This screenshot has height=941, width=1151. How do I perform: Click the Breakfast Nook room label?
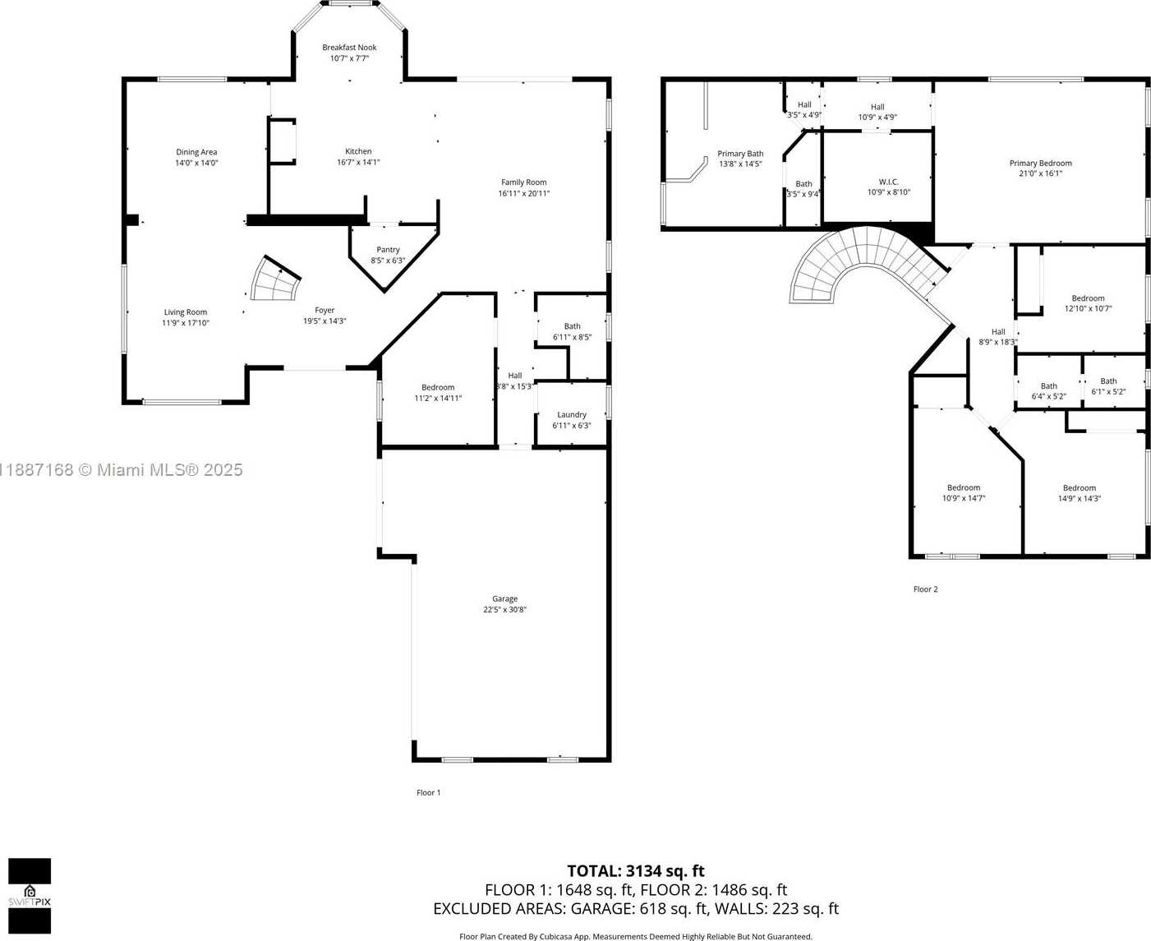click(x=349, y=48)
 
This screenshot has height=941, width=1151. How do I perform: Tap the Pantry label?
click(x=388, y=250)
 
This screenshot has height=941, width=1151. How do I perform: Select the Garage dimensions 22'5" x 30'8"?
click(x=504, y=610)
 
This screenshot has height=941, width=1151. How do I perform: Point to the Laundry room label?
click(x=571, y=415)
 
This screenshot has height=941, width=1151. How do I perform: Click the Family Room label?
click(x=523, y=182)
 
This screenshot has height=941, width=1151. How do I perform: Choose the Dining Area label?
click(x=196, y=152)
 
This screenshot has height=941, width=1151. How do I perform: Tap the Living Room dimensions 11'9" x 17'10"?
click(x=186, y=323)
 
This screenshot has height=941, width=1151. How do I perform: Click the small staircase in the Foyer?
click(x=276, y=281)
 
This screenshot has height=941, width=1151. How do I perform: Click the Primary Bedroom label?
click(x=1040, y=164)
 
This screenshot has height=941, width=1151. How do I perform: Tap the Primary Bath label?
click(x=740, y=154)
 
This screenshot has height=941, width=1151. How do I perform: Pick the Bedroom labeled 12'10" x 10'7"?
click(x=1088, y=303)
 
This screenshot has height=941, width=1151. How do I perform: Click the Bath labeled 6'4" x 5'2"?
click(x=1048, y=391)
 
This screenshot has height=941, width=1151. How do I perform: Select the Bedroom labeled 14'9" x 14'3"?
click(x=1079, y=493)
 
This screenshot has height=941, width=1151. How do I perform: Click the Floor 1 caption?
click(x=428, y=793)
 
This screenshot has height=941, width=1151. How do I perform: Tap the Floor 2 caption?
click(x=925, y=589)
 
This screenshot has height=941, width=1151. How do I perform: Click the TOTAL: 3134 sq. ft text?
click(x=635, y=871)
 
